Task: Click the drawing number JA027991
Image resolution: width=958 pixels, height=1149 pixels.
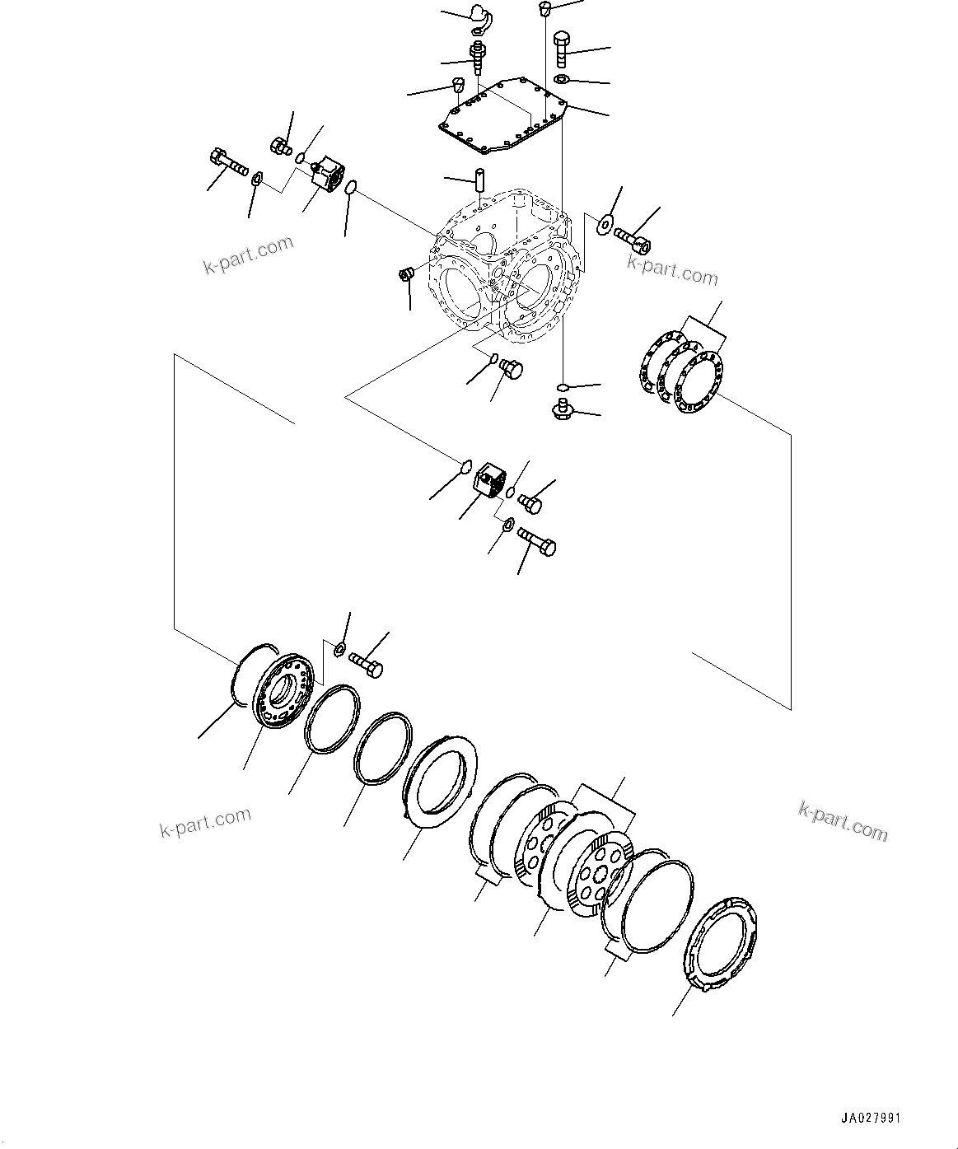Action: click(871, 1119)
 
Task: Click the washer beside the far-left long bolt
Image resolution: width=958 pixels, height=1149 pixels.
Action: click(256, 177)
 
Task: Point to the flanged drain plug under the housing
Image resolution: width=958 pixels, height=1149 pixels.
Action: click(563, 407)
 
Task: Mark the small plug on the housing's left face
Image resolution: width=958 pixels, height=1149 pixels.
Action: click(405, 273)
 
